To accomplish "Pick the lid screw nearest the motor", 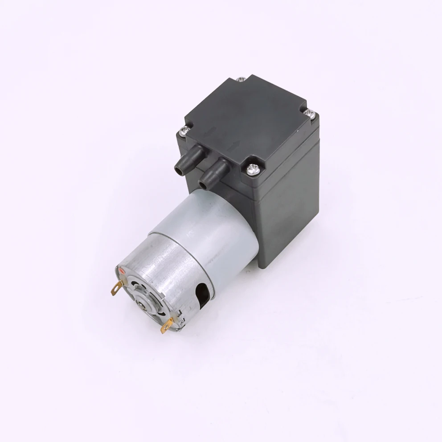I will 252,169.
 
